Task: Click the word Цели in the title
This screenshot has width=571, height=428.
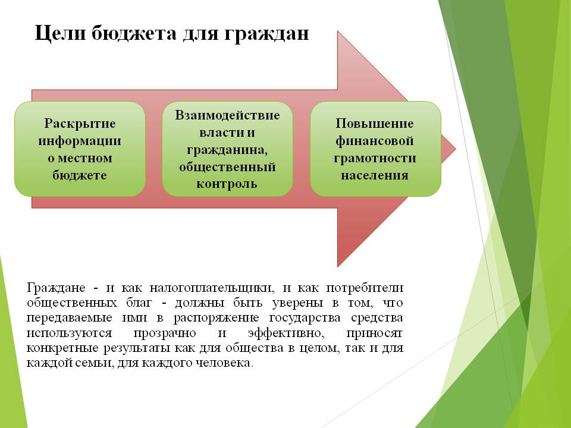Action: click(60, 33)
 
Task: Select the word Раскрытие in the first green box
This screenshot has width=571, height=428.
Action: click(80, 124)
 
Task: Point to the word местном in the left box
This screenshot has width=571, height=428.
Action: click(85, 158)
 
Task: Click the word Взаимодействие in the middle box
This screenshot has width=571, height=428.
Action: click(227, 115)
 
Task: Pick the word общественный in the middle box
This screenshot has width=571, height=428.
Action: click(227, 167)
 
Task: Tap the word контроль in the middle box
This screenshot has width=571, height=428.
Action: click(227, 184)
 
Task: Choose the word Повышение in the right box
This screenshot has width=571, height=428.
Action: click(374, 124)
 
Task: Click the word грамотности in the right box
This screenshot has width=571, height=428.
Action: click(375, 158)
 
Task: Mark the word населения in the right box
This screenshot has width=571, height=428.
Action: click(375, 175)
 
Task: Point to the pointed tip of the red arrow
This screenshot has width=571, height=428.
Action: click(455, 149)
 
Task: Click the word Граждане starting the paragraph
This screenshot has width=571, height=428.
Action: click(56, 288)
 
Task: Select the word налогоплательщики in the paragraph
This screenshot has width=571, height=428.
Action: click(211, 288)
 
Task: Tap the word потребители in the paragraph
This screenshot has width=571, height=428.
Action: click(365, 288)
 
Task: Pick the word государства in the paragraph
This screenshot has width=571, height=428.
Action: click(305, 318)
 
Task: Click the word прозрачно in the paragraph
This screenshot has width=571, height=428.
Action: click(165, 333)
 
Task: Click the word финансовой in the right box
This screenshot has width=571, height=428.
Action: click(374, 141)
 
